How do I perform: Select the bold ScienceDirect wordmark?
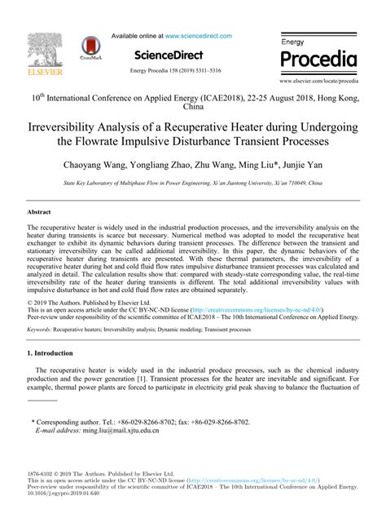[x=170, y=53]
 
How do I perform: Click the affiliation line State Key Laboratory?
[x=193, y=184]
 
